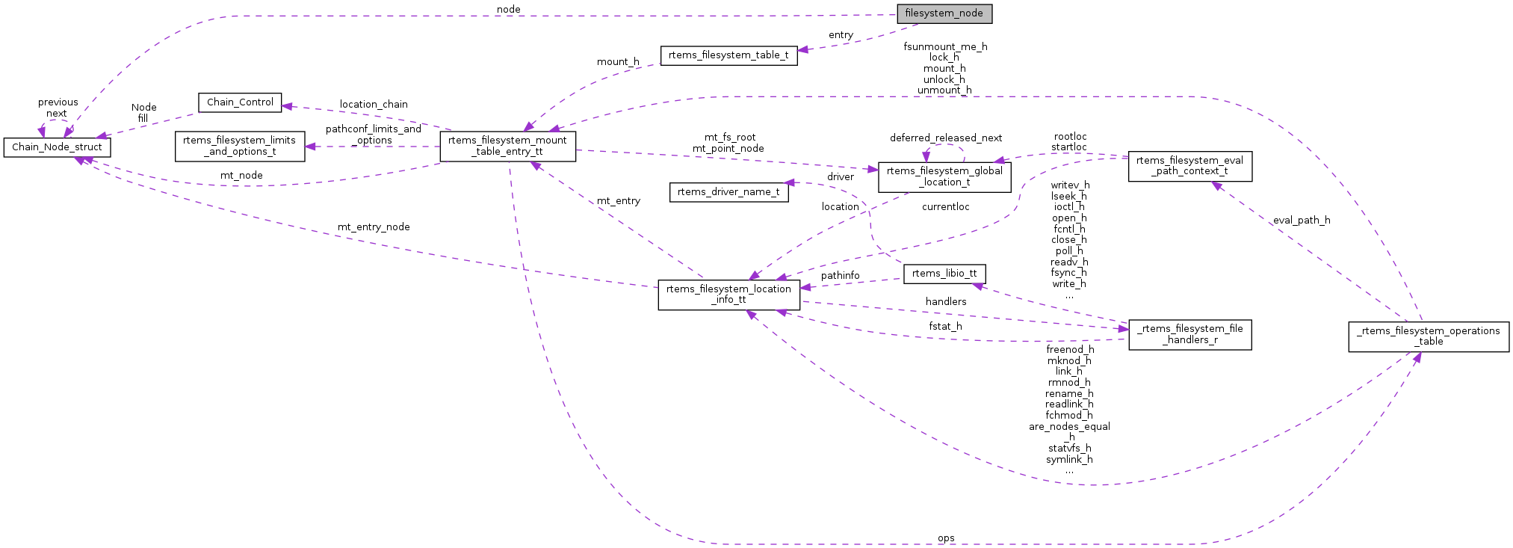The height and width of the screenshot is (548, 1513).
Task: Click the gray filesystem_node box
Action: pos(944,13)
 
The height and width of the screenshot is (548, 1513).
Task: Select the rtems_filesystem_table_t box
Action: pos(728,55)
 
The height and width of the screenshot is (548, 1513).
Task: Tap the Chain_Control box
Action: pos(240,102)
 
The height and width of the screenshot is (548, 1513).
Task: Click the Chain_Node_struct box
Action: pos(57,147)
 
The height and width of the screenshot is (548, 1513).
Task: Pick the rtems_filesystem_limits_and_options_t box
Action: pos(240,146)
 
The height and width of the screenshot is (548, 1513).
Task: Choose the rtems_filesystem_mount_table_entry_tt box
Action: pos(507,146)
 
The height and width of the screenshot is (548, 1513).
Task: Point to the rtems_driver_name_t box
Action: pos(728,192)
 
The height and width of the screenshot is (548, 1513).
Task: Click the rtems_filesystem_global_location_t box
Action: pos(944,176)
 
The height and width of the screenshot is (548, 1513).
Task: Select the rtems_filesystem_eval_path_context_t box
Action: pos(1189,166)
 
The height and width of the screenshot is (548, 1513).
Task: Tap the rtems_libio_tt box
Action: pos(944,274)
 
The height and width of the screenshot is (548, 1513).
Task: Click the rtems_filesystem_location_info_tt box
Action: pos(728,295)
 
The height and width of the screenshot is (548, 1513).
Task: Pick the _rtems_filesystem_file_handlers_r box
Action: pos(1189,334)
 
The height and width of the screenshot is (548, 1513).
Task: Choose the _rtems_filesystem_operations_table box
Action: pos(1429,336)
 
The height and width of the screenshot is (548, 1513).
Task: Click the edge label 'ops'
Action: pos(946,538)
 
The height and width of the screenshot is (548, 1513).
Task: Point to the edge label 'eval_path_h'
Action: pos(1302,221)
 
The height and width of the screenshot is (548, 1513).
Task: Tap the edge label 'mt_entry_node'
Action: pos(374,227)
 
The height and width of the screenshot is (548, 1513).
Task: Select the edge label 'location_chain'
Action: pos(374,105)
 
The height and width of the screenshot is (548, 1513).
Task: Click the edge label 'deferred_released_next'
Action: pos(946,138)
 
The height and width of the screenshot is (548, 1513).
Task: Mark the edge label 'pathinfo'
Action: pos(840,276)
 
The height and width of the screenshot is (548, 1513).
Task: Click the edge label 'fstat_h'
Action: pos(945,327)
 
